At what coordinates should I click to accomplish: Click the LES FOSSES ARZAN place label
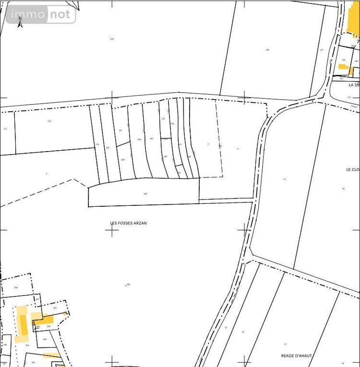128,223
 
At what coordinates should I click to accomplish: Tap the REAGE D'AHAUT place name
297,356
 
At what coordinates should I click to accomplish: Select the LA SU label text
353,85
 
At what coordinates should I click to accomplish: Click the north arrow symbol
20,22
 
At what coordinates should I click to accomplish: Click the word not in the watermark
60,14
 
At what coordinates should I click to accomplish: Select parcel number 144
112,39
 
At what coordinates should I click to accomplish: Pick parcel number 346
145,194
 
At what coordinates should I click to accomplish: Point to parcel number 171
49,121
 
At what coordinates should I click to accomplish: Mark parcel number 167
120,130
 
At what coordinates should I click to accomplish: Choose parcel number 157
322,50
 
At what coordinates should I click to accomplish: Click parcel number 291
344,60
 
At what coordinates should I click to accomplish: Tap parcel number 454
16,287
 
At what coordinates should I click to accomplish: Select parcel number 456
55,308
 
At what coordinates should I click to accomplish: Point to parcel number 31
285,179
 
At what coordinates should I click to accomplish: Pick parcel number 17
285,344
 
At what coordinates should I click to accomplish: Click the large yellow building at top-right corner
354,19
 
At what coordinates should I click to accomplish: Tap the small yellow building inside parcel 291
343,67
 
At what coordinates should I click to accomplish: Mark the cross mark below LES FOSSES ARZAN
112,230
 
